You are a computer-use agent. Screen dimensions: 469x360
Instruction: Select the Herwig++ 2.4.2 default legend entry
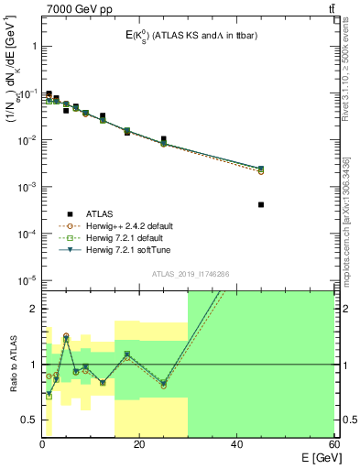(x=122, y=224)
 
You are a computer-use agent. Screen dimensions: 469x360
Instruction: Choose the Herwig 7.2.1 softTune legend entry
(x=121, y=249)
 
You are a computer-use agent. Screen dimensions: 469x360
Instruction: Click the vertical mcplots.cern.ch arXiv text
(x=353, y=211)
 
